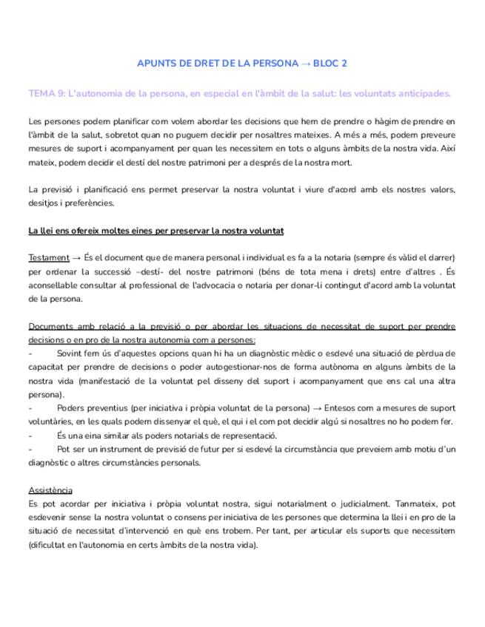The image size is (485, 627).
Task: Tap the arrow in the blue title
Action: point(306,63)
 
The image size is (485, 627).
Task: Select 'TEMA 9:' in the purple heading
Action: point(46,94)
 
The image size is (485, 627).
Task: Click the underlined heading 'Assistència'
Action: point(50,490)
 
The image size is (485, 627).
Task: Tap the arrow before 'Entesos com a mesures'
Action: point(321,407)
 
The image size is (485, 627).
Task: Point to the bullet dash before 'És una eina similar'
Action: point(30,435)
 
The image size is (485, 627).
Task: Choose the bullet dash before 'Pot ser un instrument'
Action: point(30,449)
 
